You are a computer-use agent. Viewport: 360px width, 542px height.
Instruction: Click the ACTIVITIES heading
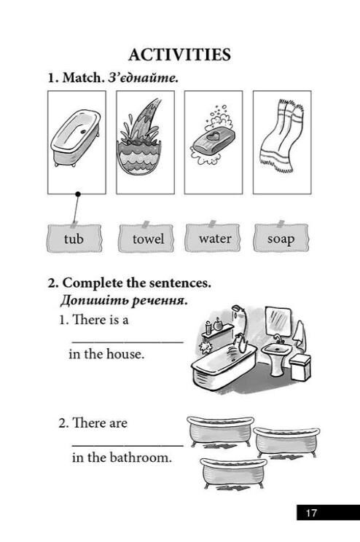pyautogui.click(x=179, y=55)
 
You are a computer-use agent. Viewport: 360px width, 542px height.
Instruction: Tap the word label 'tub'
pyautogui.click(x=74, y=238)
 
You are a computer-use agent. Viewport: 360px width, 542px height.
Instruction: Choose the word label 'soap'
pyautogui.click(x=281, y=238)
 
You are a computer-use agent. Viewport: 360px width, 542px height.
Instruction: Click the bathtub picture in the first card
pyautogui.click(x=76, y=138)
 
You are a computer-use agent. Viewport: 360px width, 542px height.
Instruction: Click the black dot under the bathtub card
pyautogui.click(x=78, y=195)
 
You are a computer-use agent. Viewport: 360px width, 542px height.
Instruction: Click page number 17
pyautogui.click(x=311, y=513)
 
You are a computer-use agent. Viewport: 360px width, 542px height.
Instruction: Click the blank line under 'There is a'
pyautogui.click(x=128, y=342)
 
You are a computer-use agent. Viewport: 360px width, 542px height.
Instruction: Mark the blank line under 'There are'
pyautogui.click(x=128, y=446)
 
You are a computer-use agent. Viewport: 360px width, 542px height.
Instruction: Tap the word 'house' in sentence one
pyautogui.click(x=125, y=354)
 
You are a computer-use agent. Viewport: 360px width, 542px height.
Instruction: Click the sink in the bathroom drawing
pyautogui.click(x=275, y=356)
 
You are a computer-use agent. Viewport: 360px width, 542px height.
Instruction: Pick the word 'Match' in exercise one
pyautogui.click(x=83, y=77)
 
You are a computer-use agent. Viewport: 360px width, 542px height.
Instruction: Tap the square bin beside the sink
pyautogui.click(x=300, y=366)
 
